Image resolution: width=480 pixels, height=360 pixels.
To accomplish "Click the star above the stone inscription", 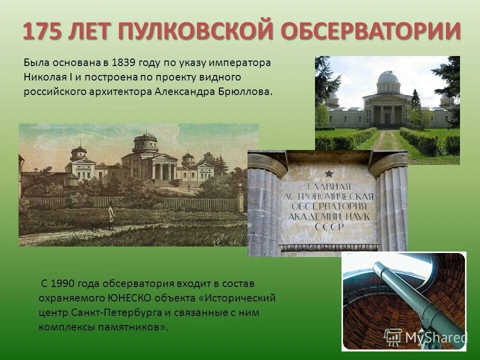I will [328, 173].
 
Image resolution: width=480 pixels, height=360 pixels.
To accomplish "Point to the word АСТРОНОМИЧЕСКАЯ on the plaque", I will [328, 196].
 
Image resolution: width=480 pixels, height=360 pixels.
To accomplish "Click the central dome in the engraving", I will [145, 143].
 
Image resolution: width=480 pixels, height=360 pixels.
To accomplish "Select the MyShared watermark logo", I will [425, 337].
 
